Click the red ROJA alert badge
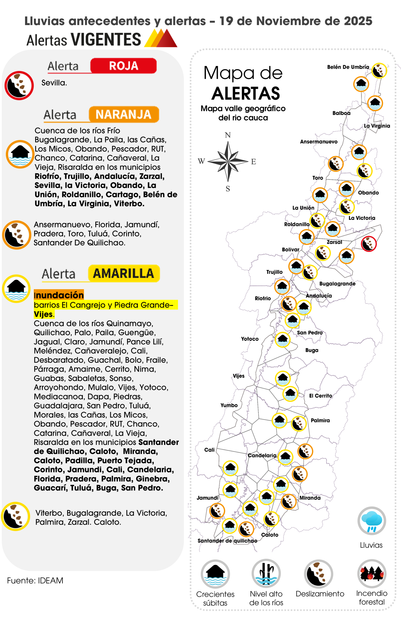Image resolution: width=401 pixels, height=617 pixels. (x=123, y=66)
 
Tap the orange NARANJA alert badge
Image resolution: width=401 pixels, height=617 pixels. (x=124, y=114)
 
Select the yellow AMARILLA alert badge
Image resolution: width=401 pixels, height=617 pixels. (x=124, y=273)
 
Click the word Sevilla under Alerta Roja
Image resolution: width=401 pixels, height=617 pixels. (x=54, y=83)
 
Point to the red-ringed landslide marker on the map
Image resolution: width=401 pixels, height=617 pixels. (x=369, y=244)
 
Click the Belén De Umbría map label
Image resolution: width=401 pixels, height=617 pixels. (x=348, y=67)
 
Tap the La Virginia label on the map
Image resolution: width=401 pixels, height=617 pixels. (x=377, y=126)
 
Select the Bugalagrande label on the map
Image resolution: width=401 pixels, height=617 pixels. (x=337, y=284)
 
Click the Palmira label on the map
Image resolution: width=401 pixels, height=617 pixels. (x=320, y=420)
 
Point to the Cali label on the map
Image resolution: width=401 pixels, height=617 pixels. (x=209, y=450)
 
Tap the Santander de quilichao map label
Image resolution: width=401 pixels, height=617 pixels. (x=227, y=541)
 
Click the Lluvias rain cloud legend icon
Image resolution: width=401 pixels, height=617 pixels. (x=371, y=521)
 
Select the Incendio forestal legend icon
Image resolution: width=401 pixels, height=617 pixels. (x=371, y=574)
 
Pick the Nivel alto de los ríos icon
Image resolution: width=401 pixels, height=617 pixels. (x=266, y=574)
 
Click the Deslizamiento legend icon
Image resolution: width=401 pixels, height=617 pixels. (x=319, y=574)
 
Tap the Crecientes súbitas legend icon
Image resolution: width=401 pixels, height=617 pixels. (x=215, y=574)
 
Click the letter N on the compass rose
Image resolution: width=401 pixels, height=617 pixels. (x=227, y=135)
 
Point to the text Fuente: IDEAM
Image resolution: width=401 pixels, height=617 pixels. (x=35, y=580)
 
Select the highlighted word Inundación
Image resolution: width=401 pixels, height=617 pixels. (x=59, y=295)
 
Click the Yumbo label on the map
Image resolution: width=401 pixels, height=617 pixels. (x=229, y=405)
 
